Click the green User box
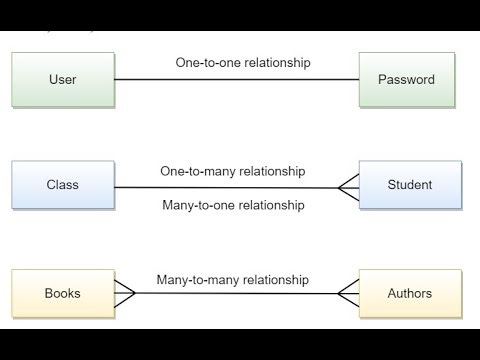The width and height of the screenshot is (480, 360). (x=62, y=79)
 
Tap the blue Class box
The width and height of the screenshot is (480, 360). (x=62, y=185)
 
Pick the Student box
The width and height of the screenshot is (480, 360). (x=410, y=185)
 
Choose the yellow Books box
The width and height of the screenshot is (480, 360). (x=62, y=294)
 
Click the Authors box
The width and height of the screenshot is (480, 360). (x=410, y=294)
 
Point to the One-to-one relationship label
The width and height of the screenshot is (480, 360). (x=243, y=62)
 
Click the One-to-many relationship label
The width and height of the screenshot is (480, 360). (x=233, y=171)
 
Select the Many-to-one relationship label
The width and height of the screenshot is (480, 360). (x=233, y=205)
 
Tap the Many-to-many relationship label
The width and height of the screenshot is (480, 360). (x=233, y=280)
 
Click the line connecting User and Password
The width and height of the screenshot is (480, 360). (x=236, y=79)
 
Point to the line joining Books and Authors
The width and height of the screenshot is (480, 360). (x=236, y=294)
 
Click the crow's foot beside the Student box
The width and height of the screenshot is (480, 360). (x=348, y=187)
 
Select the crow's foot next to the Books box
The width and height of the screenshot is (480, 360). (x=124, y=294)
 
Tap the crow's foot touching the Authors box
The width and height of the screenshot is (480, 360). (x=348, y=294)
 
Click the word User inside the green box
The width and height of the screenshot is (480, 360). (x=62, y=79)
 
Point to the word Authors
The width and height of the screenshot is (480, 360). (x=410, y=294)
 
